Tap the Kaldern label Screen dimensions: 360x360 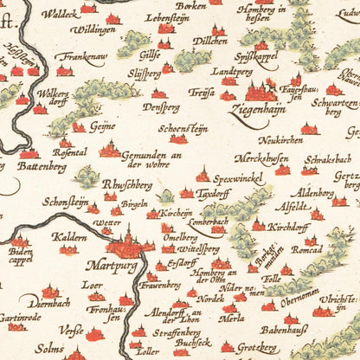point(68,235)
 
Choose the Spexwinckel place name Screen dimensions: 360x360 point(235,179)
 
